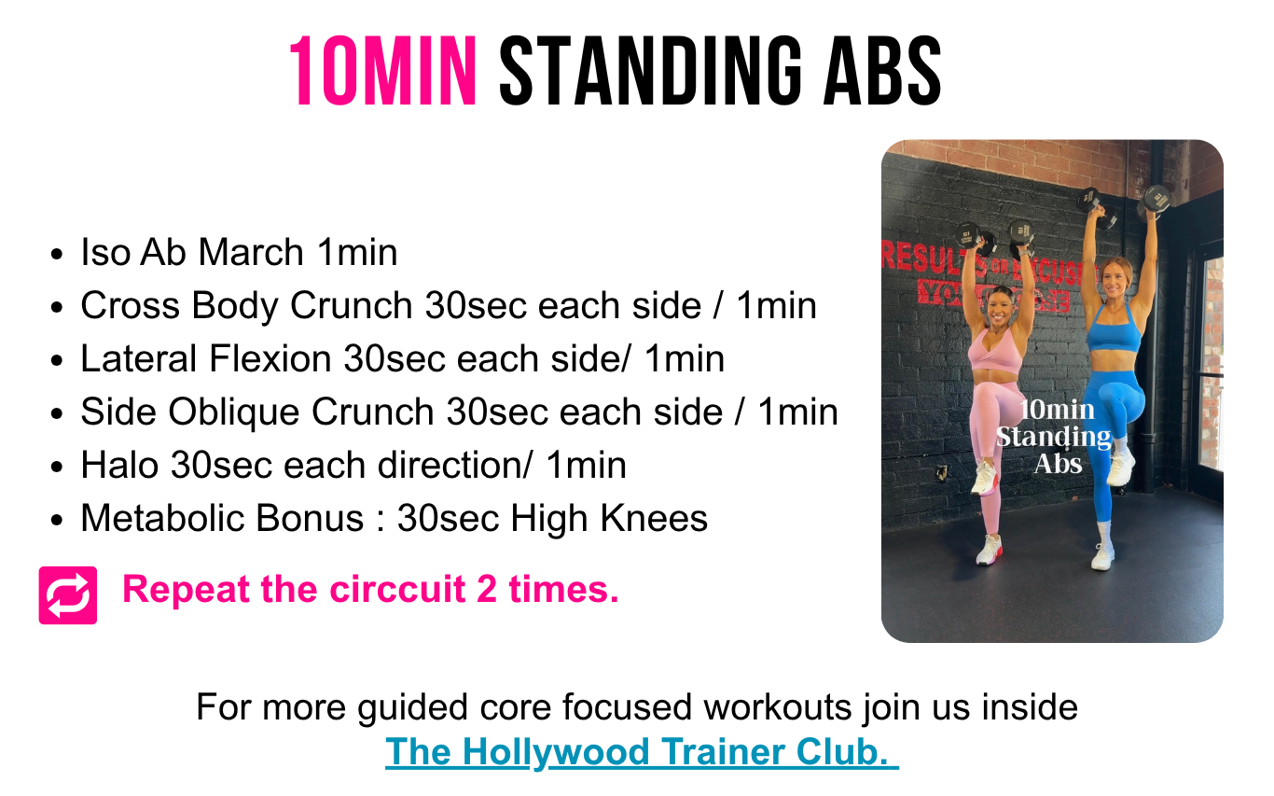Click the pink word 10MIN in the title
point(382,71)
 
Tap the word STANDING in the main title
point(651,71)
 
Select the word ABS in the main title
point(882,71)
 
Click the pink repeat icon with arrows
point(68,595)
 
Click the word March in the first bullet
point(250,252)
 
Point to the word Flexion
point(270,359)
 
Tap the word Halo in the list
point(119,466)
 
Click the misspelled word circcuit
point(397,589)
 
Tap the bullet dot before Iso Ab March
point(56,255)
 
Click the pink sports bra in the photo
point(995,353)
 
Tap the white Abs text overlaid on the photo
point(1058,464)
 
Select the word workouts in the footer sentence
point(778,707)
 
